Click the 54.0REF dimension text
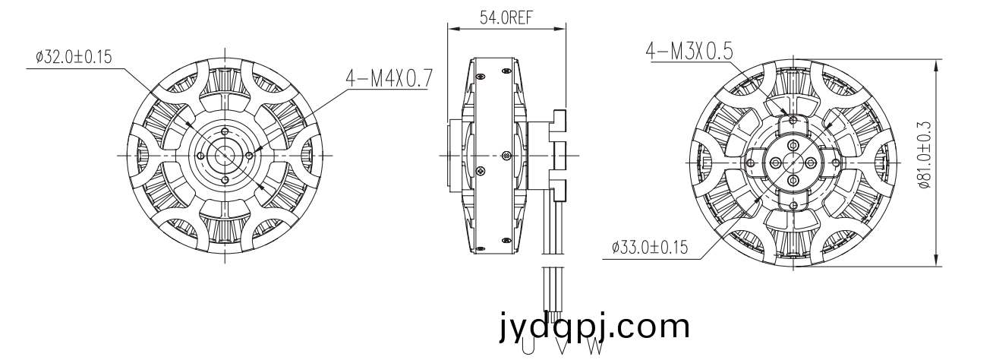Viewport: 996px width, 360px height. click(x=506, y=17)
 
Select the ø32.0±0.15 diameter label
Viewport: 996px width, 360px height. click(x=74, y=57)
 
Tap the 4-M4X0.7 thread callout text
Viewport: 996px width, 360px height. click(x=389, y=78)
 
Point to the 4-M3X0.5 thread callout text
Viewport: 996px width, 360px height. click(x=689, y=52)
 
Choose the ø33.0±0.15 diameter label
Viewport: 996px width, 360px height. click(x=650, y=247)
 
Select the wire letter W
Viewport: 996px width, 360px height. click(x=595, y=348)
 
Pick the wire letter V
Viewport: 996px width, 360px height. click(x=562, y=349)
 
